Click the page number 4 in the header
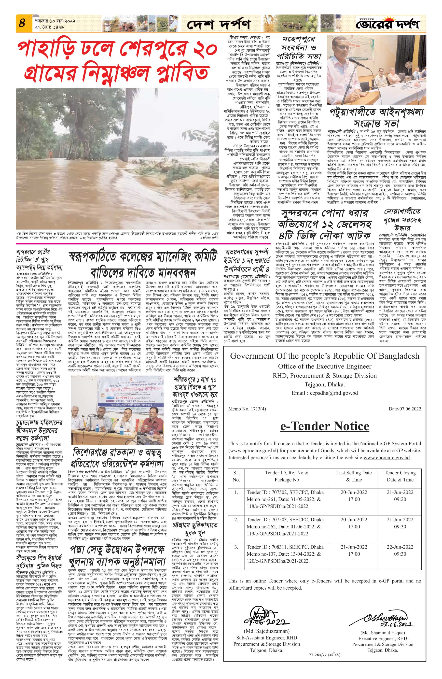22,23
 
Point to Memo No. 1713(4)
247,409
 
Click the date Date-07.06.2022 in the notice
405,409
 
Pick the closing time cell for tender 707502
400,495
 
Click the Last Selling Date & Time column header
354,476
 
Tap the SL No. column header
236,476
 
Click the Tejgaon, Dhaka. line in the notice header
325,384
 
